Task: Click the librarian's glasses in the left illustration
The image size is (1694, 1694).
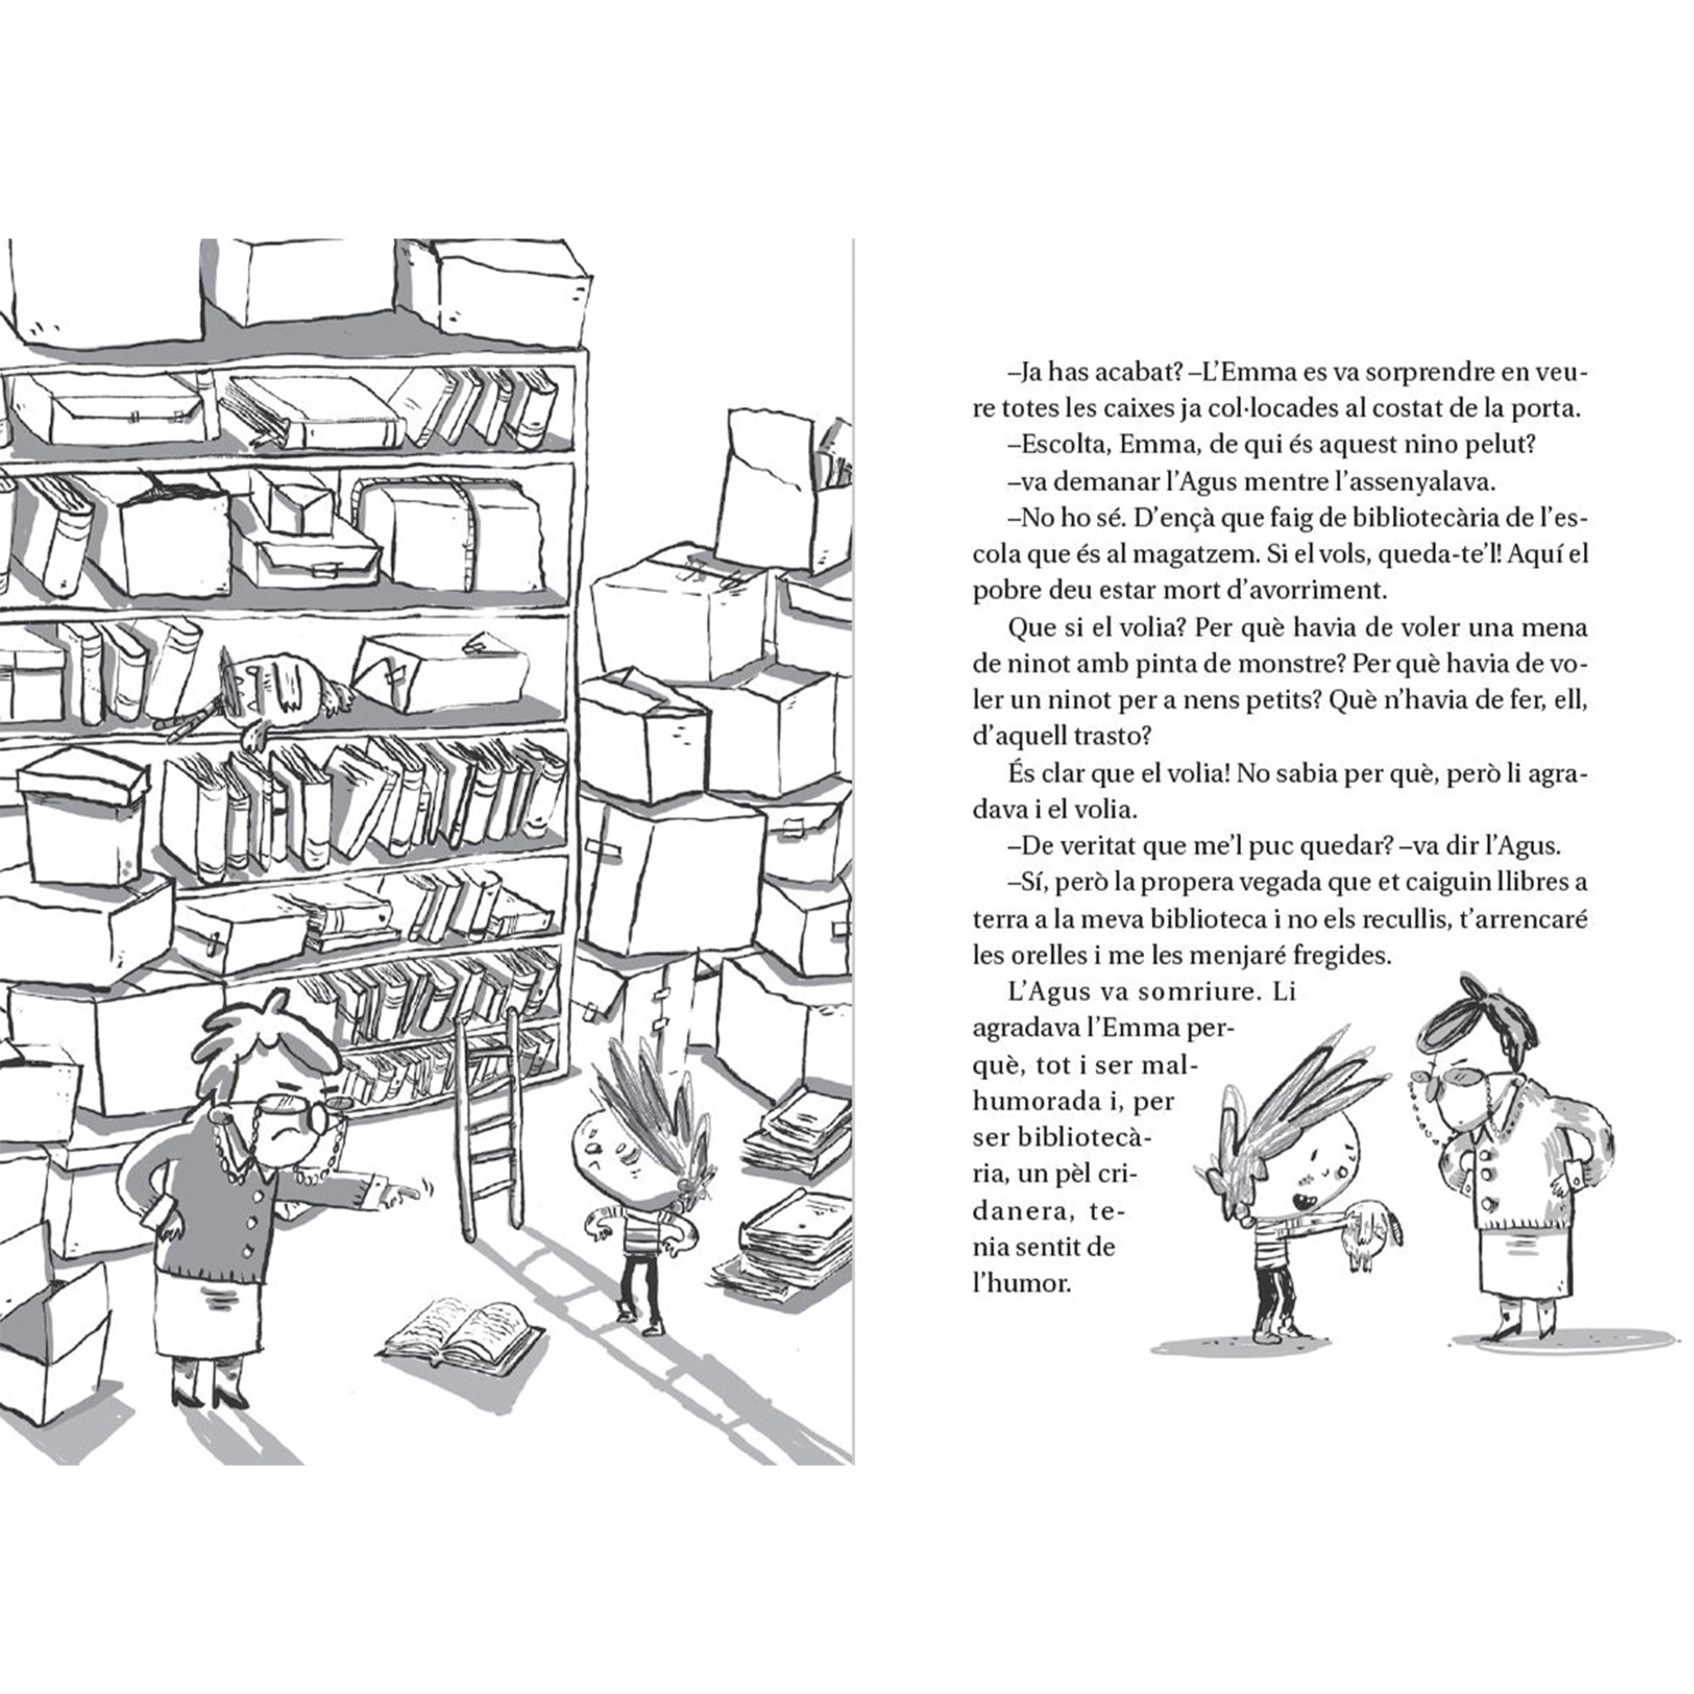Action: pos(298,1110)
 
